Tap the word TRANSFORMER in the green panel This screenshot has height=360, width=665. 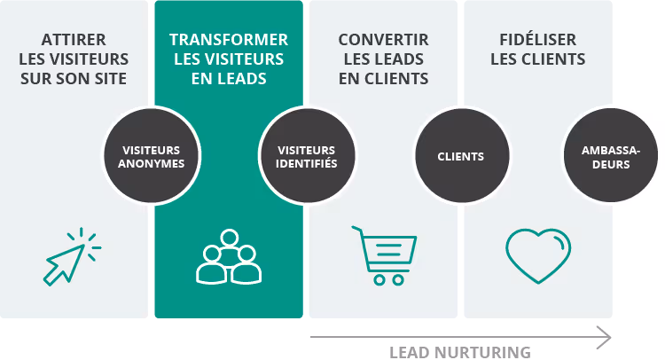coord(229,40)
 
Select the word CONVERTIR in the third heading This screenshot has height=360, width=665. coord(383,40)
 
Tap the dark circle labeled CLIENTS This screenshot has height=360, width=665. coord(461,157)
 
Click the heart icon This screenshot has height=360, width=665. coord(538,255)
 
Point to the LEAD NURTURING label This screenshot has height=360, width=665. coord(460,352)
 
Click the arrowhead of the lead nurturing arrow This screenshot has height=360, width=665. coord(605,337)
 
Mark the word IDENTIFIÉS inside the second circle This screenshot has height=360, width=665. coord(307,163)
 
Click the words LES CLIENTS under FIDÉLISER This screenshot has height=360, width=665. coord(538,59)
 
